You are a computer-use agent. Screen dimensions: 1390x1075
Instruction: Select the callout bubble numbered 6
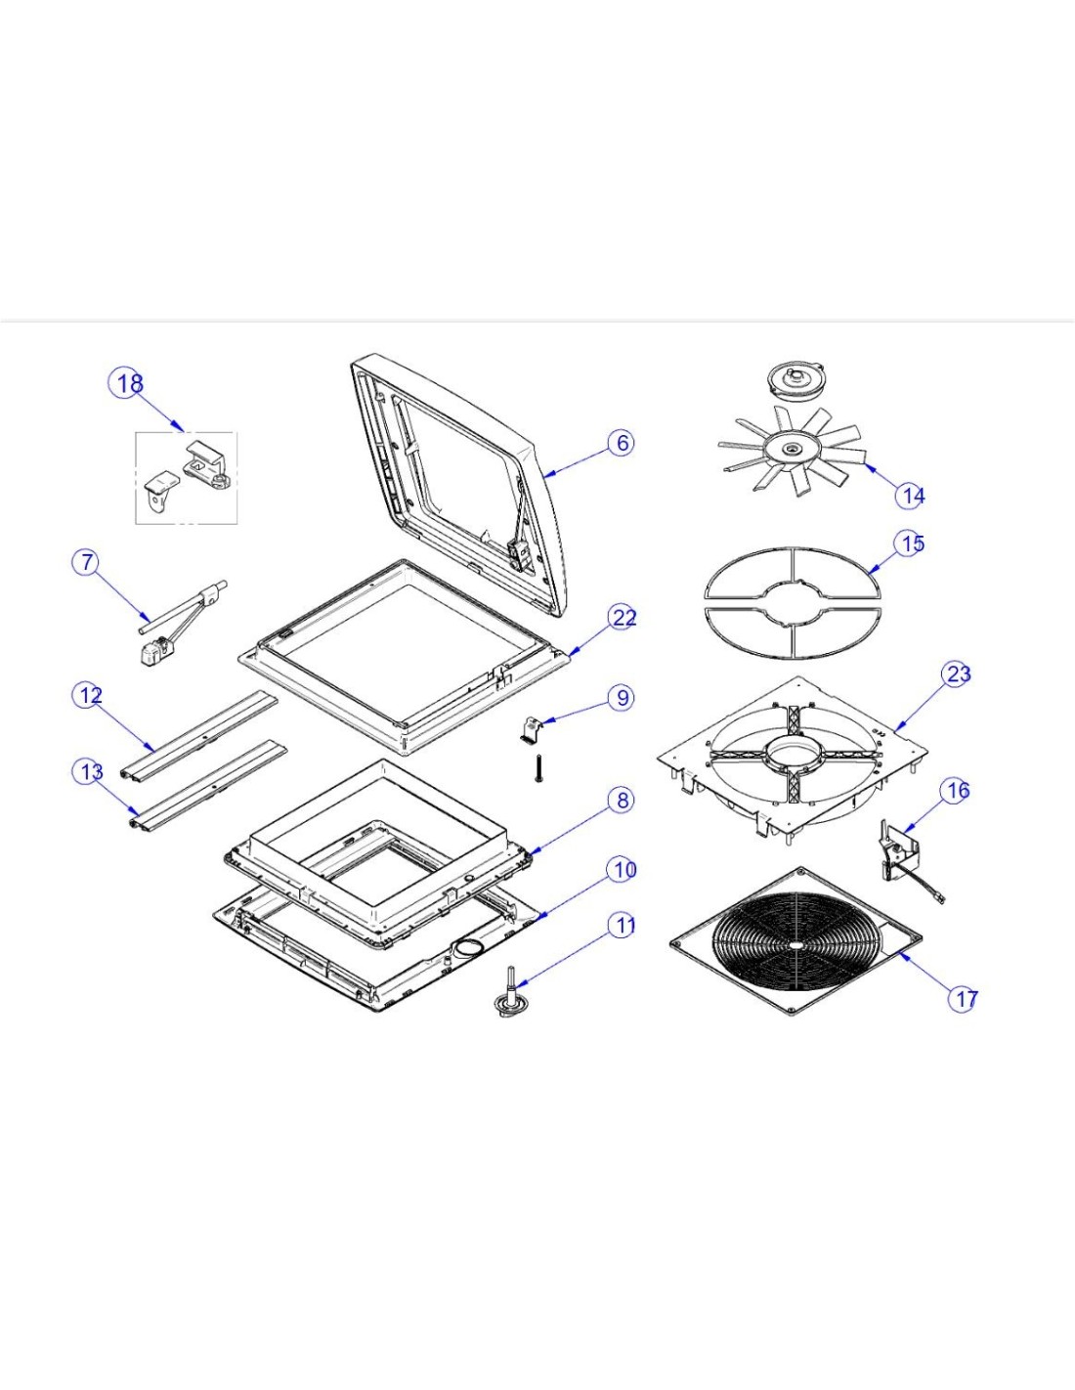coord(623,443)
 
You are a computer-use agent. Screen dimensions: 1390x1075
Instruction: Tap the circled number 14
coord(912,496)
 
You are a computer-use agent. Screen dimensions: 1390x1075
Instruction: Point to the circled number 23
coord(958,673)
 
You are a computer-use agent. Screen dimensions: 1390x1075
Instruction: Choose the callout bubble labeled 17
coord(965,998)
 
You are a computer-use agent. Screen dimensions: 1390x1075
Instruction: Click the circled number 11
coord(623,925)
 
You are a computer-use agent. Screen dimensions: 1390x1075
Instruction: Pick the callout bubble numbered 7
coord(88,562)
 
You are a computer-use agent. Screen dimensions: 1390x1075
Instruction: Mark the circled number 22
coord(623,617)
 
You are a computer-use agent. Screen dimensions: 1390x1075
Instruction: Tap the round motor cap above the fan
coord(793,377)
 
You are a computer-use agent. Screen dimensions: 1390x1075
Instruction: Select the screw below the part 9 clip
coord(538,767)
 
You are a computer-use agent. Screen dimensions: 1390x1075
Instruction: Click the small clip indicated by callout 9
coord(533,729)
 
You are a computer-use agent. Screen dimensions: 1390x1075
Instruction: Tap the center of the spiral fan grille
coord(796,944)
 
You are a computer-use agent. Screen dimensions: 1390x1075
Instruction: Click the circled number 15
coord(911,543)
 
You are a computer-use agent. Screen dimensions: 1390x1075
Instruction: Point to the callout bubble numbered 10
coord(623,869)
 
